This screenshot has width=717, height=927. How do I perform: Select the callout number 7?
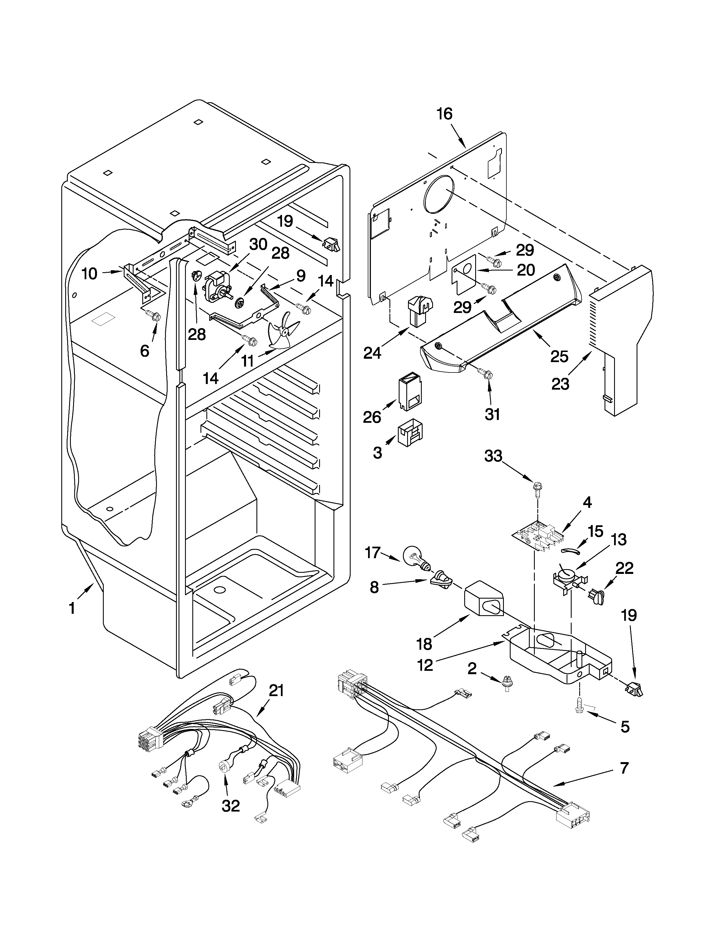624,767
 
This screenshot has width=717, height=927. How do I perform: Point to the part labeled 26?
411,390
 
